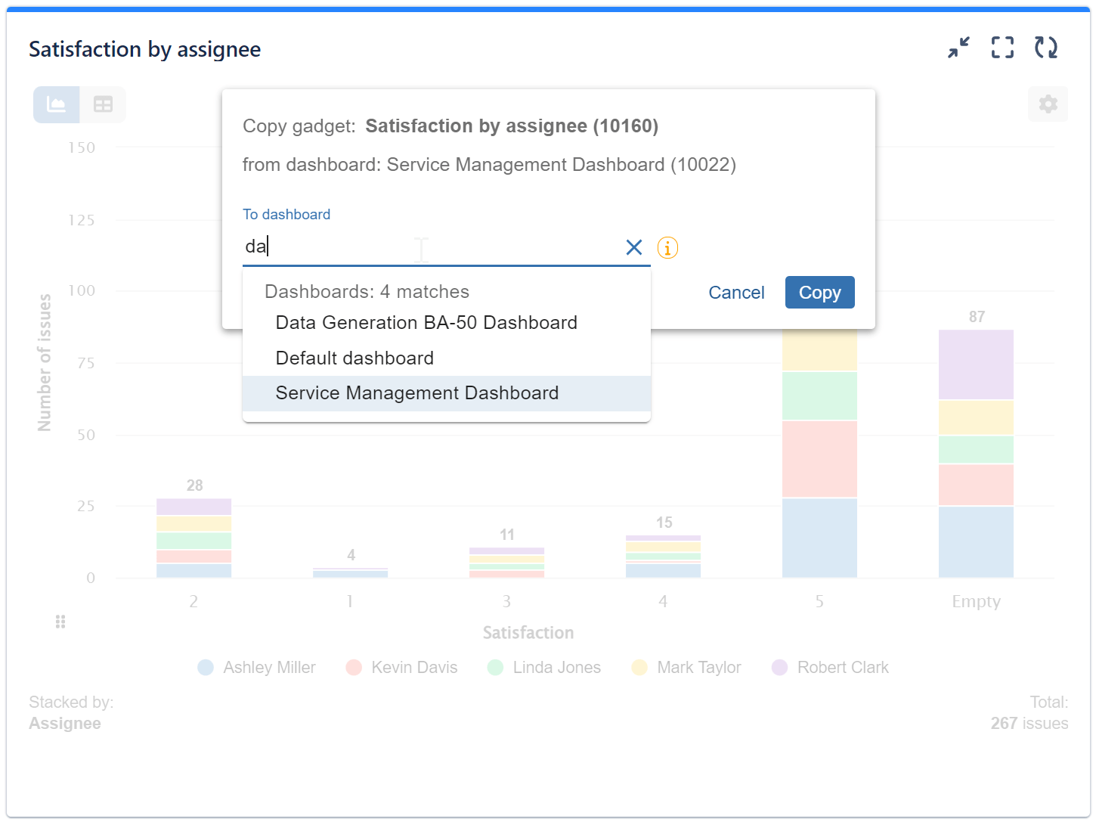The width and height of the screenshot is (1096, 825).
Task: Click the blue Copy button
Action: click(x=819, y=293)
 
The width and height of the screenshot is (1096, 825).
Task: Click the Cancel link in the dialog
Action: click(x=736, y=293)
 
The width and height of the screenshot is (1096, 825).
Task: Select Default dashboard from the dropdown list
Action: click(x=354, y=358)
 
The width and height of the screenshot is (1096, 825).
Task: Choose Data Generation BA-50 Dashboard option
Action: click(x=426, y=323)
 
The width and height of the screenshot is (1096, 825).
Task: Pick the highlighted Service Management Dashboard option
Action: click(x=417, y=393)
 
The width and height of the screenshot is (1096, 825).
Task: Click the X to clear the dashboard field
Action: click(x=634, y=247)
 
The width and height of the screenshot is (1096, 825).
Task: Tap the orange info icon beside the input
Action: click(x=667, y=247)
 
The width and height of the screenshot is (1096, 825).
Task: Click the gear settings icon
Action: click(x=1048, y=104)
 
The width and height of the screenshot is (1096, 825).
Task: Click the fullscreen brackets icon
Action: click(x=1002, y=48)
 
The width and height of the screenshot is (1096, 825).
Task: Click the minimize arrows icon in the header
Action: click(x=958, y=48)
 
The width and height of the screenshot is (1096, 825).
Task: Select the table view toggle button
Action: click(x=103, y=104)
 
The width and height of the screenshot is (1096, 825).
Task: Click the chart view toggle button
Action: click(x=57, y=104)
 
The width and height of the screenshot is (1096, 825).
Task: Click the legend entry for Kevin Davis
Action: click(x=413, y=668)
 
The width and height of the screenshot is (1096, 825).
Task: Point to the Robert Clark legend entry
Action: click(x=842, y=668)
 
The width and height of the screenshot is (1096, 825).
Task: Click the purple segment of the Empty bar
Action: click(x=976, y=364)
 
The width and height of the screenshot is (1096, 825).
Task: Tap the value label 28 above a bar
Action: click(x=194, y=485)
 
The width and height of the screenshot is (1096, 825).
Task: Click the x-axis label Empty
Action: click(x=976, y=602)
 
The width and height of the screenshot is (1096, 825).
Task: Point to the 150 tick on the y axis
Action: click(x=82, y=148)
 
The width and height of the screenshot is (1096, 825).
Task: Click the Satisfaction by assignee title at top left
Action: click(x=144, y=50)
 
